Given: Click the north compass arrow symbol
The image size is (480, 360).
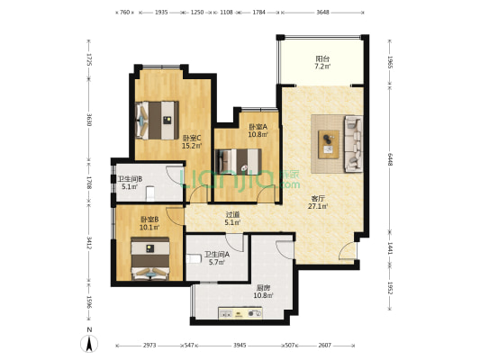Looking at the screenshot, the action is pyautogui.click(x=89, y=344).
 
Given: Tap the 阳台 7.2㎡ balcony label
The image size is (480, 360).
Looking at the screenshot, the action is pyautogui.click(x=322, y=62).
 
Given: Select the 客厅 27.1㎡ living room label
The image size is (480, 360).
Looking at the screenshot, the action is pyautogui.click(x=318, y=202).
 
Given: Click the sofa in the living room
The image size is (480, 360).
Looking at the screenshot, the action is pyautogui.click(x=354, y=143).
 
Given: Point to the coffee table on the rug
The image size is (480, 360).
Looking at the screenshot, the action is pyautogui.click(x=329, y=144).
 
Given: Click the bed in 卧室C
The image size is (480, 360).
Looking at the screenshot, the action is pyautogui.click(x=157, y=121).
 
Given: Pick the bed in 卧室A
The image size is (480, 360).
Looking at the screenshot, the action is pyautogui.click(x=239, y=161).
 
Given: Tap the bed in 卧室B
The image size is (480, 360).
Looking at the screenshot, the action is pyautogui.click(x=150, y=258).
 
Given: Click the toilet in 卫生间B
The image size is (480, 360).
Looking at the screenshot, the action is pyautogui.click(x=150, y=193).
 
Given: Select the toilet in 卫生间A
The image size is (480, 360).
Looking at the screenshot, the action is pyautogui.click(x=194, y=259).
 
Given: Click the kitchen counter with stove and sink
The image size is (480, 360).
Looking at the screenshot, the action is pyautogui.click(x=240, y=313).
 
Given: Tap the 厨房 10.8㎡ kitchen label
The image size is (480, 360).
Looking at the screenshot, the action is pyautogui.click(x=263, y=292).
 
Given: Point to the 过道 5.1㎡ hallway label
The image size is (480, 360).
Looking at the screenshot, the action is pyautogui.click(x=232, y=219).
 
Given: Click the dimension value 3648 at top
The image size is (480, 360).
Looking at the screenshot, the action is pyautogui.click(x=322, y=13).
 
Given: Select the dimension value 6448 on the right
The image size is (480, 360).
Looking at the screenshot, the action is pyautogui.click(x=390, y=159).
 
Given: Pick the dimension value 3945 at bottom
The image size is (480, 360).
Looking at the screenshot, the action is pyautogui.click(x=240, y=346).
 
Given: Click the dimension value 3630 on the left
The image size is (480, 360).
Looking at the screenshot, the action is pyautogui.click(x=89, y=120).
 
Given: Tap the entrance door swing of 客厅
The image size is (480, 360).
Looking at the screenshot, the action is pyautogui.click(x=348, y=250).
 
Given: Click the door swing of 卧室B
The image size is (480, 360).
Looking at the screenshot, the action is pyautogui.click(x=175, y=217).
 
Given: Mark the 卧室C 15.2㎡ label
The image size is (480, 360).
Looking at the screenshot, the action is pyautogui.click(x=192, y=141).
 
